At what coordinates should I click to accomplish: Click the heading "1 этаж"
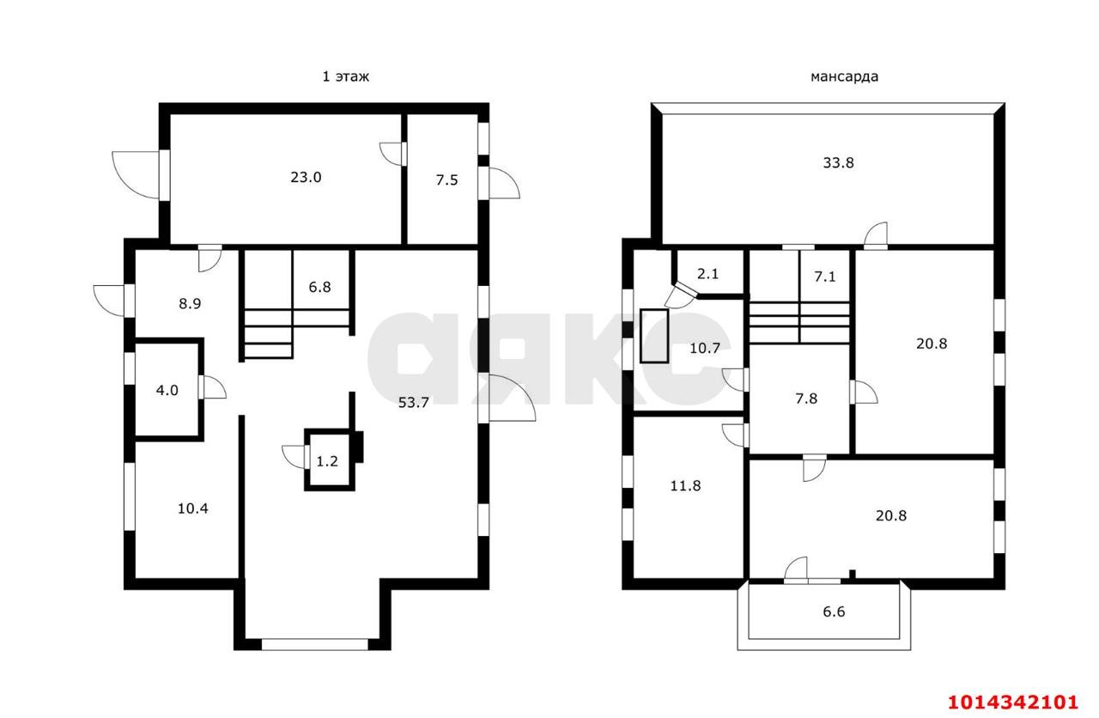tap(345, 76)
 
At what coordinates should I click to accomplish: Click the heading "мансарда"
tap(844, 77)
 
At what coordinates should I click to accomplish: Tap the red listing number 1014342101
tap(1012, 702)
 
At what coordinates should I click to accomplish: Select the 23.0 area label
tap(306, 177)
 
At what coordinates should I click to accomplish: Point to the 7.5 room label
tap(446, 180)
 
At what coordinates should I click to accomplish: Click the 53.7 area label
tap(413, 403)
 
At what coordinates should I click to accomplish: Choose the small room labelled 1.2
tap(327, 461)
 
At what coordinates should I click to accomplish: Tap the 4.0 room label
tap(167, 391)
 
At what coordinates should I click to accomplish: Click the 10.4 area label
tap(193, 508)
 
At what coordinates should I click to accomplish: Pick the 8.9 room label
tap(190, 304)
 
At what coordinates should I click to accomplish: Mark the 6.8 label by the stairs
tap(319, 287)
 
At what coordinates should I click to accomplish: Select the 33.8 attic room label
tap(838, 163)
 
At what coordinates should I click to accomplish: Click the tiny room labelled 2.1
tap(707, 274)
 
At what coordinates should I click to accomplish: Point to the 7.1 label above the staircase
tap(825, 277)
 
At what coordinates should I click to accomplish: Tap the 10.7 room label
tap(705, 349)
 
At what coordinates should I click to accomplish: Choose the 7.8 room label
tap(806, 399)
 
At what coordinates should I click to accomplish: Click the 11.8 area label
tap(685, 486)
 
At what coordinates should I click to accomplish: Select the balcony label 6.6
tap(834, 612)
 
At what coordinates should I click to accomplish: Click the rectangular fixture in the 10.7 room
tap(654, 336)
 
